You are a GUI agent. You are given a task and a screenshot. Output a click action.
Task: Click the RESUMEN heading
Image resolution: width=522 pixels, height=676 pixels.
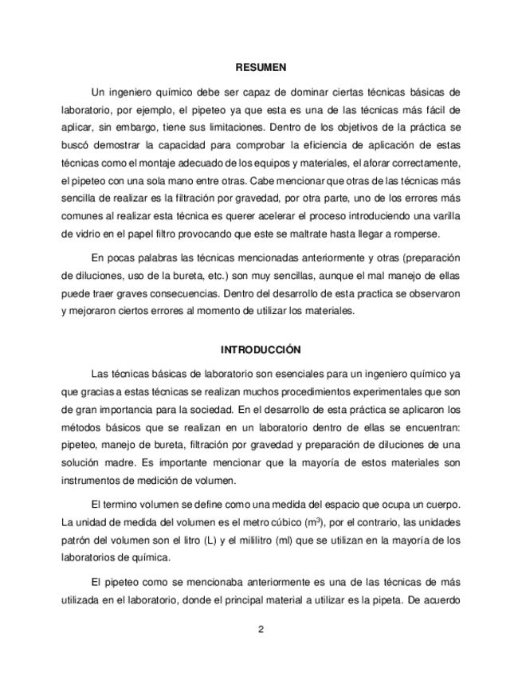click(x=261, y=68)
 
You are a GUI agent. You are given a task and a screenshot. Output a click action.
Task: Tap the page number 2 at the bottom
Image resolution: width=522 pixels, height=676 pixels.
click(x=261, y=628)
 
